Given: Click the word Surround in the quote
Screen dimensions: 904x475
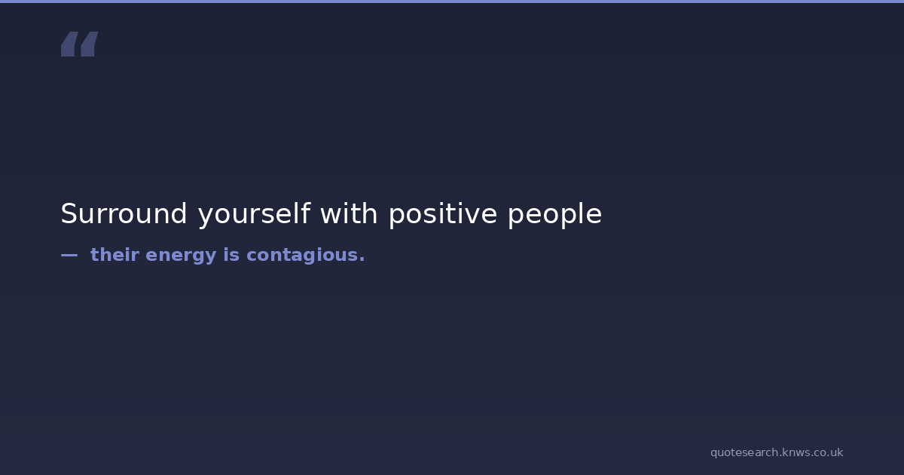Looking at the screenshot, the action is (124, 213).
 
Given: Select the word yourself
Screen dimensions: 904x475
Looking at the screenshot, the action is (255, 215).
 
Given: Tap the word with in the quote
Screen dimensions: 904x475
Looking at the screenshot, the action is (349, 213).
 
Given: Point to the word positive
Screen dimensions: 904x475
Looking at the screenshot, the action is (443, 215).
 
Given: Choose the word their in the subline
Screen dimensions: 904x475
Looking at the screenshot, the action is (115, 255).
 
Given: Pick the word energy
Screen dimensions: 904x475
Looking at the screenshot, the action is (181, 256).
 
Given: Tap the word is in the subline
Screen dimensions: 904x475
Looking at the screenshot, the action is (232, 255).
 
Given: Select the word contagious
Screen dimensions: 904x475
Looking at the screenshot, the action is (302, 256).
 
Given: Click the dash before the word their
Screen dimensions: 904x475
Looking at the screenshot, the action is (69, 256).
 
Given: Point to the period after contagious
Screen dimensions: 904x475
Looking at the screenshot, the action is (362, 260).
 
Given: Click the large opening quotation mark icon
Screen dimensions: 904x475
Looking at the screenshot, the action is (80, 44).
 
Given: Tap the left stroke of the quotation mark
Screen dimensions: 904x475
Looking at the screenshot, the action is (69, 44).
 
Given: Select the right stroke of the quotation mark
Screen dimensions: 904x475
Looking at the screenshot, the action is (90, 44).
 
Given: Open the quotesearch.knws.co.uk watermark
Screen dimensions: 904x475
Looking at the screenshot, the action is (777, 453).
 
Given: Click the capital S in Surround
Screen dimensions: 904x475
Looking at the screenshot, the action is (69, 213).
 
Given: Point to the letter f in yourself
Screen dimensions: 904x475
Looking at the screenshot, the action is (306, 213).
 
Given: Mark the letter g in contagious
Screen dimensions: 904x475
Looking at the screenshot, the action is (305, 258).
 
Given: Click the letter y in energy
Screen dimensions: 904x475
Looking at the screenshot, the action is (209, 258).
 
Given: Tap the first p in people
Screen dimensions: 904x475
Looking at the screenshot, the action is (515, 218).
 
